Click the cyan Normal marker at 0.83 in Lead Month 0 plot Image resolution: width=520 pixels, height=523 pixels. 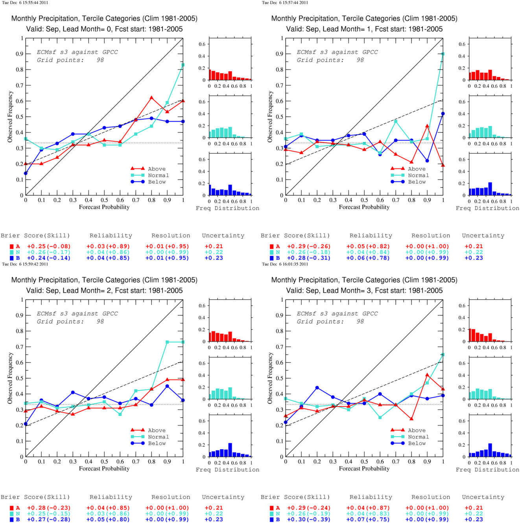(183, 65)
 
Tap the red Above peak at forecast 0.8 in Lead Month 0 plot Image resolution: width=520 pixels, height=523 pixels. (151, 98)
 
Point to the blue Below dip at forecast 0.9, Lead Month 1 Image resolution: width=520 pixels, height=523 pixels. (427, 161)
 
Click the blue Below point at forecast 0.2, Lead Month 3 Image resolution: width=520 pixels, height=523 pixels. (317, 388)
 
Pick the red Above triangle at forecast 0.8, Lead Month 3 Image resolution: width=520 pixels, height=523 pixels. (411, 419)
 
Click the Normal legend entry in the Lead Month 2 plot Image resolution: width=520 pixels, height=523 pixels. (149, 437)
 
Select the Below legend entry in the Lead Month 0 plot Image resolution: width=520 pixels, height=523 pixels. (148, 182)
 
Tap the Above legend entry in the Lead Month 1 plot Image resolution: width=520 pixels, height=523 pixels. (408, 169)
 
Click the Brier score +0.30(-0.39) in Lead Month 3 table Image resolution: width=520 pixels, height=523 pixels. (309, 519)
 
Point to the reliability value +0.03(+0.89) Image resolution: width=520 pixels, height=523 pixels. (108, 247)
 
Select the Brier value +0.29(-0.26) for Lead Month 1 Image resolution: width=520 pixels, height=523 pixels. (309, 247)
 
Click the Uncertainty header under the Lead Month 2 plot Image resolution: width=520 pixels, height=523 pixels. (223, 497)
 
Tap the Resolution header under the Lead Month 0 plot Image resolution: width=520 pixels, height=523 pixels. (171, 236)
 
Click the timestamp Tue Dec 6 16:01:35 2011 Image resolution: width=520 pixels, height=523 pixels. (285, 264)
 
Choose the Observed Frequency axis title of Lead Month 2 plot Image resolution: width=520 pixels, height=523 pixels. (10, 378)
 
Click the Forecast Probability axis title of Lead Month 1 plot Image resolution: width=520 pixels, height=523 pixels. (364, 207)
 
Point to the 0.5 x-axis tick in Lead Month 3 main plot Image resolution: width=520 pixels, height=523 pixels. (364, 462)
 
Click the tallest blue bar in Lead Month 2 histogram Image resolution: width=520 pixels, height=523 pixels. (230, 450)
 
